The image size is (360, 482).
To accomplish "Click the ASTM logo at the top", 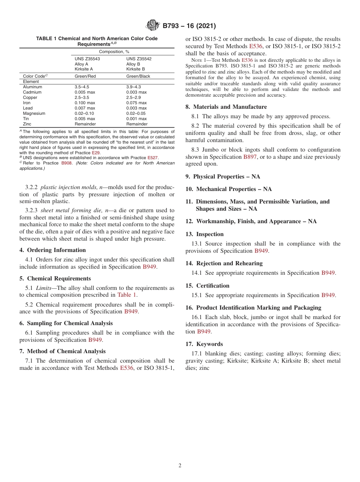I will pyautogui.click(x=153, y=26).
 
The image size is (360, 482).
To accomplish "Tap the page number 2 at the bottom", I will pyautogui.click(x=180, y=466).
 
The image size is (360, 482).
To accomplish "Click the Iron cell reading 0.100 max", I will pyautogui.click(x=85, y=103).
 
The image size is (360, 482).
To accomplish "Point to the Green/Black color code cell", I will pyautogui.click(x=138, y=76).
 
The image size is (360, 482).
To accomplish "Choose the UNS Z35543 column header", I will pyautogui.click(x=87, y=59).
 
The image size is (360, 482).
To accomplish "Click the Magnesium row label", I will pyautogui.click(x=34, y=113).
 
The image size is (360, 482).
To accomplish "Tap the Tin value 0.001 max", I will pyautogui.click(x=136, y=119).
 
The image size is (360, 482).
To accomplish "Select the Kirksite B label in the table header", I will pyautogui.click(x=136, y=69).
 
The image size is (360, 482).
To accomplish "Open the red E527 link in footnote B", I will pyautogui.click(x=152, y=158).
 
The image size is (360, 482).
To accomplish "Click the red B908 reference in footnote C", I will pyautogui.click(x=66, y=163).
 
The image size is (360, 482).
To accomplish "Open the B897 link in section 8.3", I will pyautogui.click(x=250, y=157).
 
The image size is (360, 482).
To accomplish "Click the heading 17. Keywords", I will pyautogui.click(x=204, y=344).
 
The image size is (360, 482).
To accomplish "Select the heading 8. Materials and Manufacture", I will pyautogui.click(x=226, y=107).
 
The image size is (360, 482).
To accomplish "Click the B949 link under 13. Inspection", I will pyautogui.click(x=261, y=251).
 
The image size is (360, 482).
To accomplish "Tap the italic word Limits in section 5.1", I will pyautogui.click(x=44, y=288).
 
